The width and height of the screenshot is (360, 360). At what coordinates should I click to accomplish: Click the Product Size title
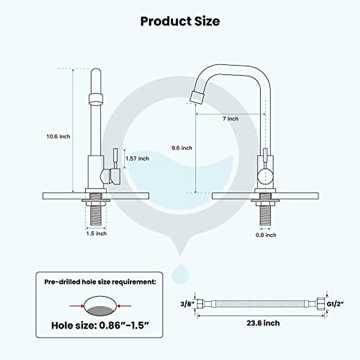tap(180, 21)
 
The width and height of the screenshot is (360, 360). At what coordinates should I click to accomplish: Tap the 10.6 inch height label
tap(58, 136)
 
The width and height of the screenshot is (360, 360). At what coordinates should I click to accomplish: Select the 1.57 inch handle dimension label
tap(137, 158)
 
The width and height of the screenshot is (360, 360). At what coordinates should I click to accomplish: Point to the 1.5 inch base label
tap(96, 233)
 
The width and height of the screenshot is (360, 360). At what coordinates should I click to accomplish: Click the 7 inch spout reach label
tap(230, 119)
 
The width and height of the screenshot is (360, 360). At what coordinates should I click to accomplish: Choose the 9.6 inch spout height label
tap(182, 148)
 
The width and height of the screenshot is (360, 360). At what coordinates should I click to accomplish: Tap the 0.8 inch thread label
tap(266, 235)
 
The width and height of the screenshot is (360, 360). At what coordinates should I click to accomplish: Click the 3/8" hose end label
tap(187, 304)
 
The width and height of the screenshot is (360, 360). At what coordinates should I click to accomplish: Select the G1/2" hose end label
tap(335, 304)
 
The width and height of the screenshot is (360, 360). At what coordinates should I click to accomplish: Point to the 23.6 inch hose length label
tap(263, 323)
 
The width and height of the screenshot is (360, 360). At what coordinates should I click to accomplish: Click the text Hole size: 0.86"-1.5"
tap(100, 325)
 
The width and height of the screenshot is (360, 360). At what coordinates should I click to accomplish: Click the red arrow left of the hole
tap(76, 306)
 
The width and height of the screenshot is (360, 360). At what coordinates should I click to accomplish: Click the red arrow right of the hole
tap(124, 306)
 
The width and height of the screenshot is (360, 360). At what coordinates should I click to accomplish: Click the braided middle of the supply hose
tap(264, 304)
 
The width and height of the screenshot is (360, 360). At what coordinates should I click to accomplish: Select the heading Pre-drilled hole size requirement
tap(100, 282)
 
